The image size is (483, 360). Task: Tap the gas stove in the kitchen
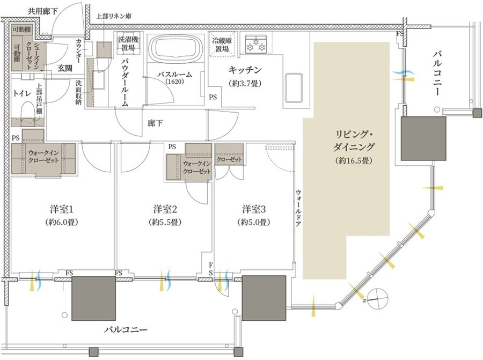click(255, 44)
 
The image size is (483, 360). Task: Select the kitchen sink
click(294, 88)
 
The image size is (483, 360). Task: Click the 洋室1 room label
click(61, 209)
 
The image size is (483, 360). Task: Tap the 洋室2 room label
click(165, 209)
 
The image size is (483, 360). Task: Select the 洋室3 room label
click(254, 209)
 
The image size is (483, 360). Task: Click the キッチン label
click(245, 70)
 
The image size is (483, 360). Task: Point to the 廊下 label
click(155, 123)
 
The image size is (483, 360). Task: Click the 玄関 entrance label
click(65, 68)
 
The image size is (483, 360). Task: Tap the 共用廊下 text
click(42, 12)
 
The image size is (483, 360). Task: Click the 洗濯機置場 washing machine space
click(128, 43)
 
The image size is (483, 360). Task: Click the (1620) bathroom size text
click(174, 82)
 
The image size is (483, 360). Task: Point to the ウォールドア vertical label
click(298, 208)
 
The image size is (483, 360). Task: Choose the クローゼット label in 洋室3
click(229, 159)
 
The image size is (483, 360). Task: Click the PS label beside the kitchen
click(213, 97)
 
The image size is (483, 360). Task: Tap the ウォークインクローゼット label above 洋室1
click(43, 156)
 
